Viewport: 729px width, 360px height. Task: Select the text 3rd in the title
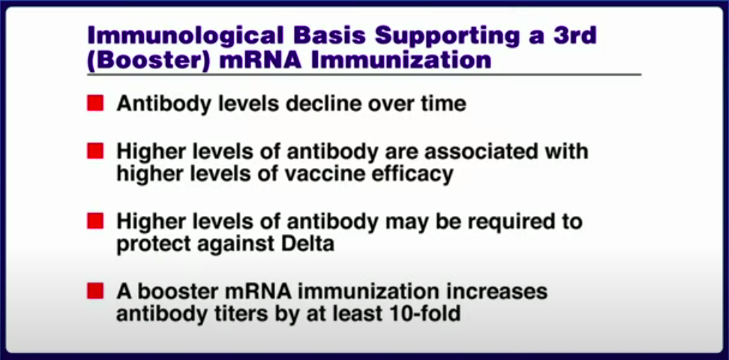point(574,36)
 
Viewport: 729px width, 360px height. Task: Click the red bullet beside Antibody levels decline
point(95,103)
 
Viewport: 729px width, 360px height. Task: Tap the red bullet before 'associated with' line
point(95,151)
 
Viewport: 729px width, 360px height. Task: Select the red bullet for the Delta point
point(95,221)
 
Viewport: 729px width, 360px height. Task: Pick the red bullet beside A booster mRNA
point(95,291)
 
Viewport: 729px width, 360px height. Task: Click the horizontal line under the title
point(364,75)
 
